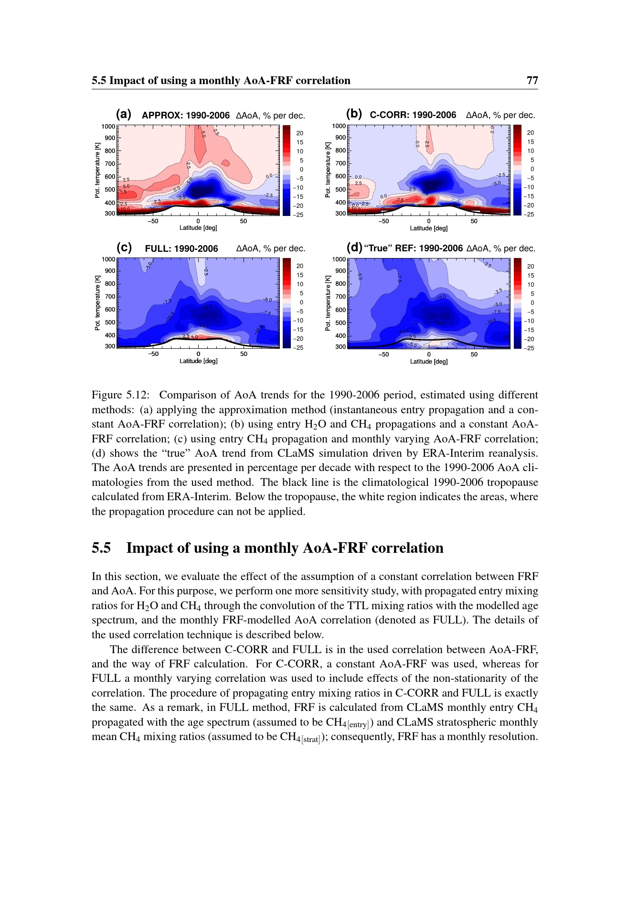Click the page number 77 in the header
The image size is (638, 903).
(532, 80)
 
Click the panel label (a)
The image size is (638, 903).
(124, 114)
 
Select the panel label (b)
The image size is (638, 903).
(354, 114)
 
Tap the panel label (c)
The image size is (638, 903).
(124, 247)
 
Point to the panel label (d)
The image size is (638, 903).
(354, 247)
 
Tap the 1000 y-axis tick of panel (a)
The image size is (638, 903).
(108, 127)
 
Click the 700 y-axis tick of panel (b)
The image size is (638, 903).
(340, 163)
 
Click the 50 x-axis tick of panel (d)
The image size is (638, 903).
(474, 355)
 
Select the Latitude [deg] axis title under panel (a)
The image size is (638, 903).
(198, 228)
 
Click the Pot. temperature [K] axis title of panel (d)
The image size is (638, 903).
(328, 303)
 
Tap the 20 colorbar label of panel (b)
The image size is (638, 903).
(531, 133)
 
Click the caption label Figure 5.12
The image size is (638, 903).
(121, 395)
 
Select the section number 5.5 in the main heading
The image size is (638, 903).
(101, 548)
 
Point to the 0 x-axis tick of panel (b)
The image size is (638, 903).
(428, 221)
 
